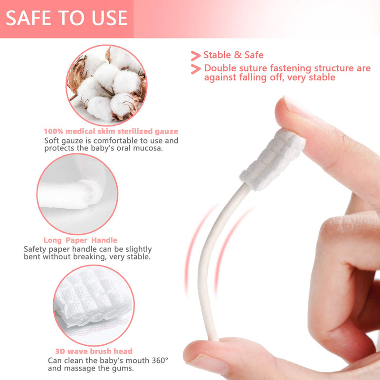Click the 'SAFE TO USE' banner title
pos(66,18)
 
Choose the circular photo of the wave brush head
pos(93,302)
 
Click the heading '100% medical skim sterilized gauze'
pos(111,131)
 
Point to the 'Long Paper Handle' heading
pos(80,240)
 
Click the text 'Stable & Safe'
pos(233,55)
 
